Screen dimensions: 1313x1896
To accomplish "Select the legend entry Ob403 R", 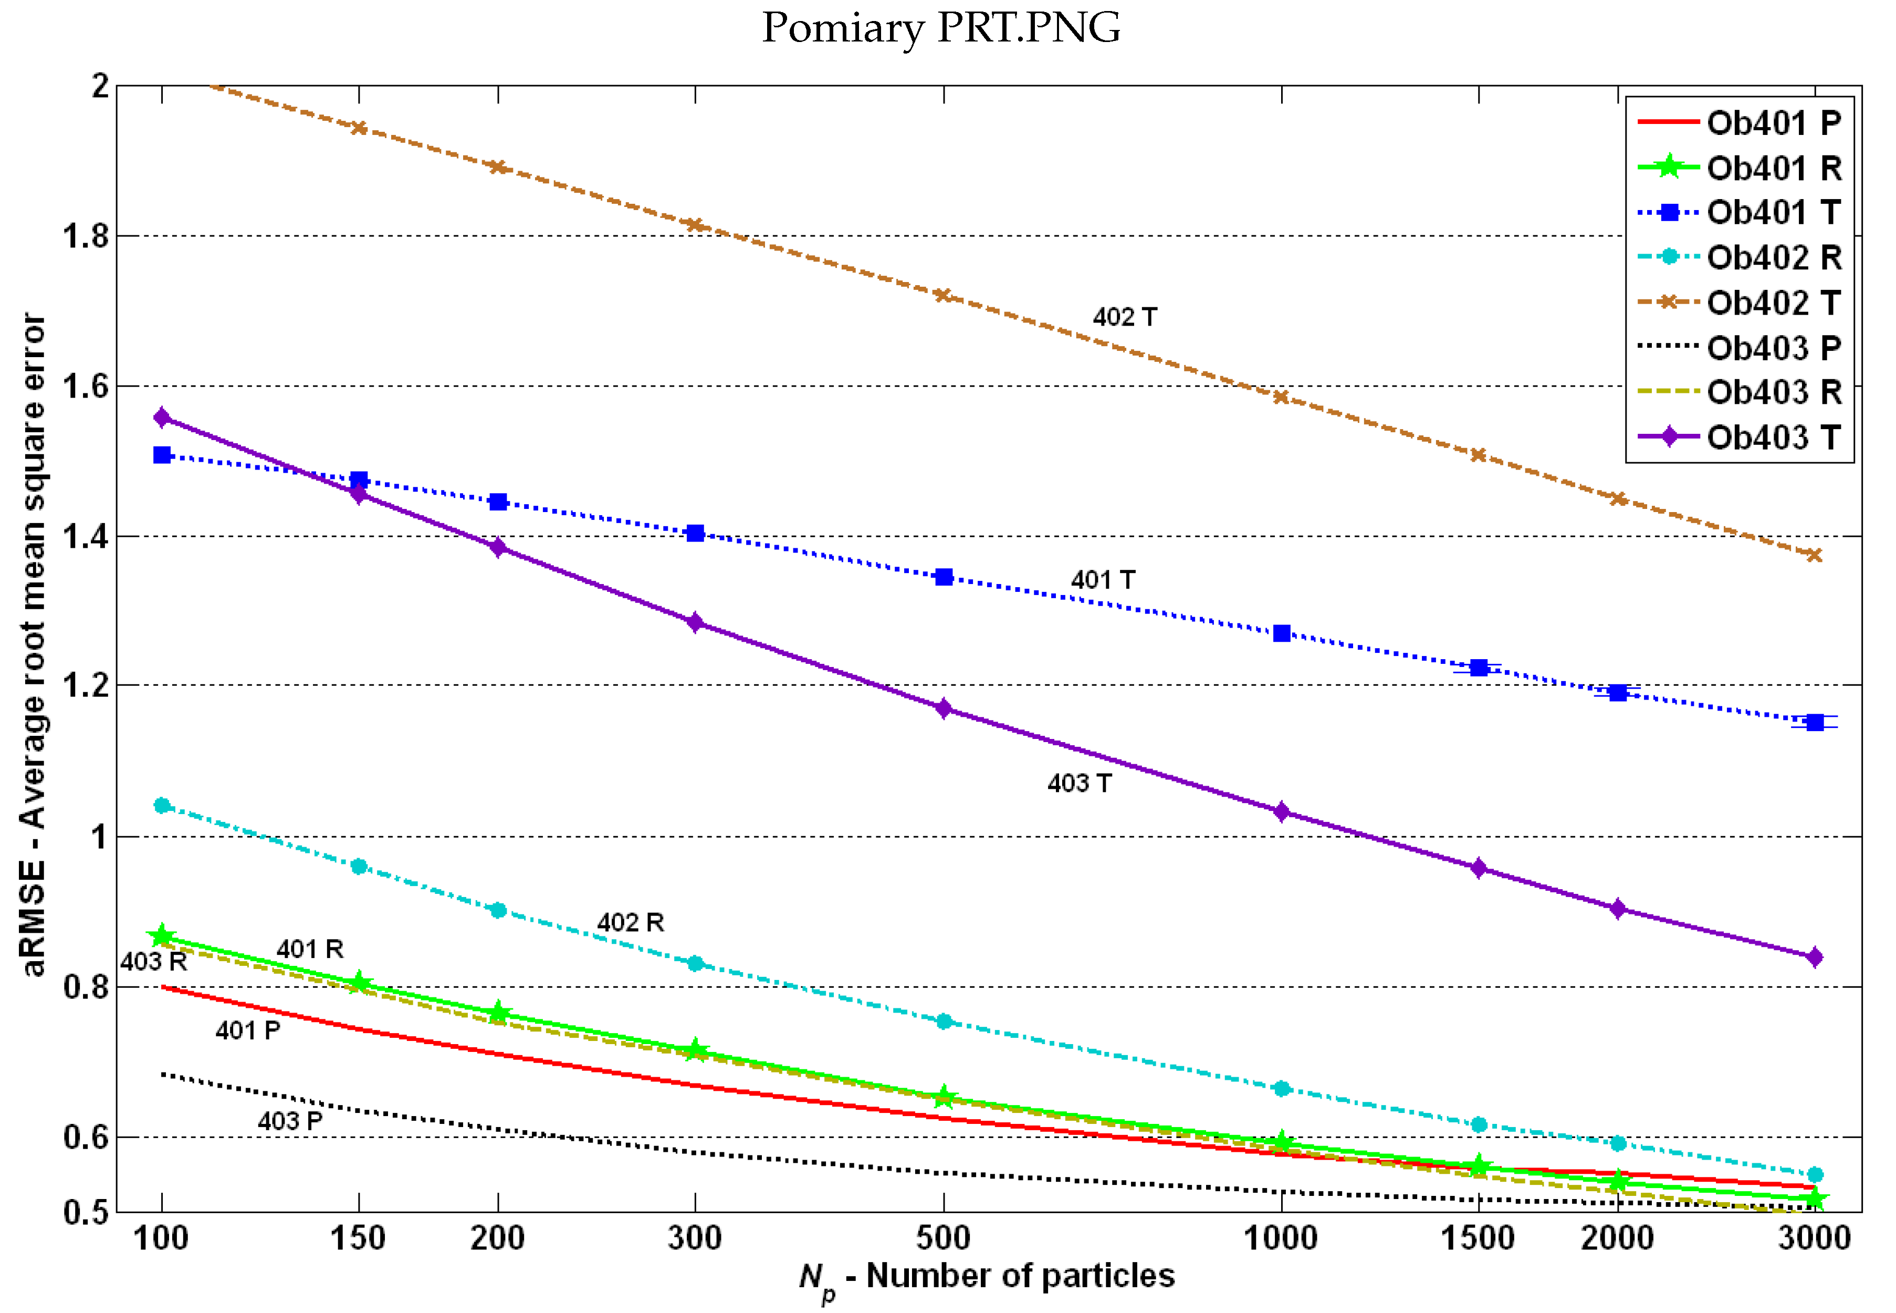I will click(1773, 392).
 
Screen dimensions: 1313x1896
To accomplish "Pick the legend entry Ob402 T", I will click(1773, 303).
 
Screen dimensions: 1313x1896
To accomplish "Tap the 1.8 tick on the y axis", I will click(86, 237).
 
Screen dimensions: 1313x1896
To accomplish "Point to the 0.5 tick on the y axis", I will click(86, 1212).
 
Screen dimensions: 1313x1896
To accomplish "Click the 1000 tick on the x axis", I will click(1280, 1238).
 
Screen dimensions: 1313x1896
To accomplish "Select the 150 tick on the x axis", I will click(358, 1238).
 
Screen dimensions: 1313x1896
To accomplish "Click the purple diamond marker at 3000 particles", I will click(1815, 957).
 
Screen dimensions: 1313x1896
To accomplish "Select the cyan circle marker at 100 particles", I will click(162, 806).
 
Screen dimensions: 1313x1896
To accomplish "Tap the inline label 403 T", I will click(1078, 783).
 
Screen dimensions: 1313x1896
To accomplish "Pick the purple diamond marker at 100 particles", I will click(162, 418).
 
